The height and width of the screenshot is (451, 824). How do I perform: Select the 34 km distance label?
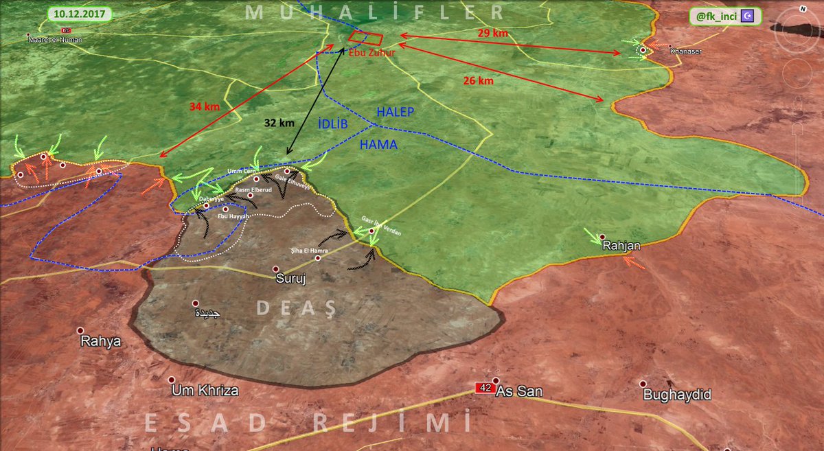point(205,107)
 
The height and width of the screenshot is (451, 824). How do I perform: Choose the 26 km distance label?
point(477,81)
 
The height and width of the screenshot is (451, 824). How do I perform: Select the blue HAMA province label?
point(378,146)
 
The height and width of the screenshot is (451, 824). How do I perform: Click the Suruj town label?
point(290,280)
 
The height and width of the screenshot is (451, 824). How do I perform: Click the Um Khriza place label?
point(206,391)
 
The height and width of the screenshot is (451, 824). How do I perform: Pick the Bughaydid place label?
point(676,395)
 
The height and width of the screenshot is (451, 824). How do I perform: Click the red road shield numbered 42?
point(485,388)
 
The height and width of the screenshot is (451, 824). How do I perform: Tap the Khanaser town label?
point(685,51)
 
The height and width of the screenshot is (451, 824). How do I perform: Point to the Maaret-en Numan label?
point(55,40)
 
